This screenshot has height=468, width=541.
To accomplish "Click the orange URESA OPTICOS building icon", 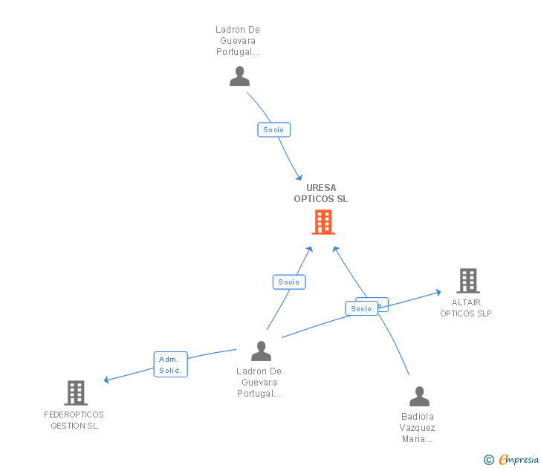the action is click(x=323, y=222).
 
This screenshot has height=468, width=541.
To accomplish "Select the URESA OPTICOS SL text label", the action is click(x=320, y=193).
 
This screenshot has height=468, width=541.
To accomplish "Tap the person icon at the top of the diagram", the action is click(x=239, y=77).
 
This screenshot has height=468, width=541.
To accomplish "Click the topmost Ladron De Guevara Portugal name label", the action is click(x=237, y=41).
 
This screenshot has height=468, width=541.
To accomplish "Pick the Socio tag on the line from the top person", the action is click(x=273, y=130).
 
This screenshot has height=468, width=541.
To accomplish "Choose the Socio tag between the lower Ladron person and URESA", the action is click(x=289, y=282).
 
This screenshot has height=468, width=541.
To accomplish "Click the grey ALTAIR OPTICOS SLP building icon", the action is click(x=467, y=281).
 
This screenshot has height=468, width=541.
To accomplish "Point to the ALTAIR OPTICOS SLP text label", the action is click(x=466, y=308).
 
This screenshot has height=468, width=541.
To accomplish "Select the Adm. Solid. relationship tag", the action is click(x=170, y=365).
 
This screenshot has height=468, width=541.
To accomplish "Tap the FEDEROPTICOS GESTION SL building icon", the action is click(x=75, y=392).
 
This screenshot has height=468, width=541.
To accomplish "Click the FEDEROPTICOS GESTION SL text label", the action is click(x=74, y=420).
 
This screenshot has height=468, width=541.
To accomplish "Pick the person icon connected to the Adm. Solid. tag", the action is click(x=261, y=351).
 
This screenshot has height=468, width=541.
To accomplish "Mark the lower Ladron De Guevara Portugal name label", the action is click(x=259, y=383).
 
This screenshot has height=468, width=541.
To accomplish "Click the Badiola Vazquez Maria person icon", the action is click(x=419, y=396).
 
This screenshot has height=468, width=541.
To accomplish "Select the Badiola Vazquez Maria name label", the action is click(x=418, y=428).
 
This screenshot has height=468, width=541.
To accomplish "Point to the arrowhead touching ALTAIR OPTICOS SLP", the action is click(x=438, y=292).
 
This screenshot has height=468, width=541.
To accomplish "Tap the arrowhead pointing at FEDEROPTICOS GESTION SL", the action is click(x=108, y=380).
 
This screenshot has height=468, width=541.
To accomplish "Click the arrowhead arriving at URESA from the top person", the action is click(x=299, y=177).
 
